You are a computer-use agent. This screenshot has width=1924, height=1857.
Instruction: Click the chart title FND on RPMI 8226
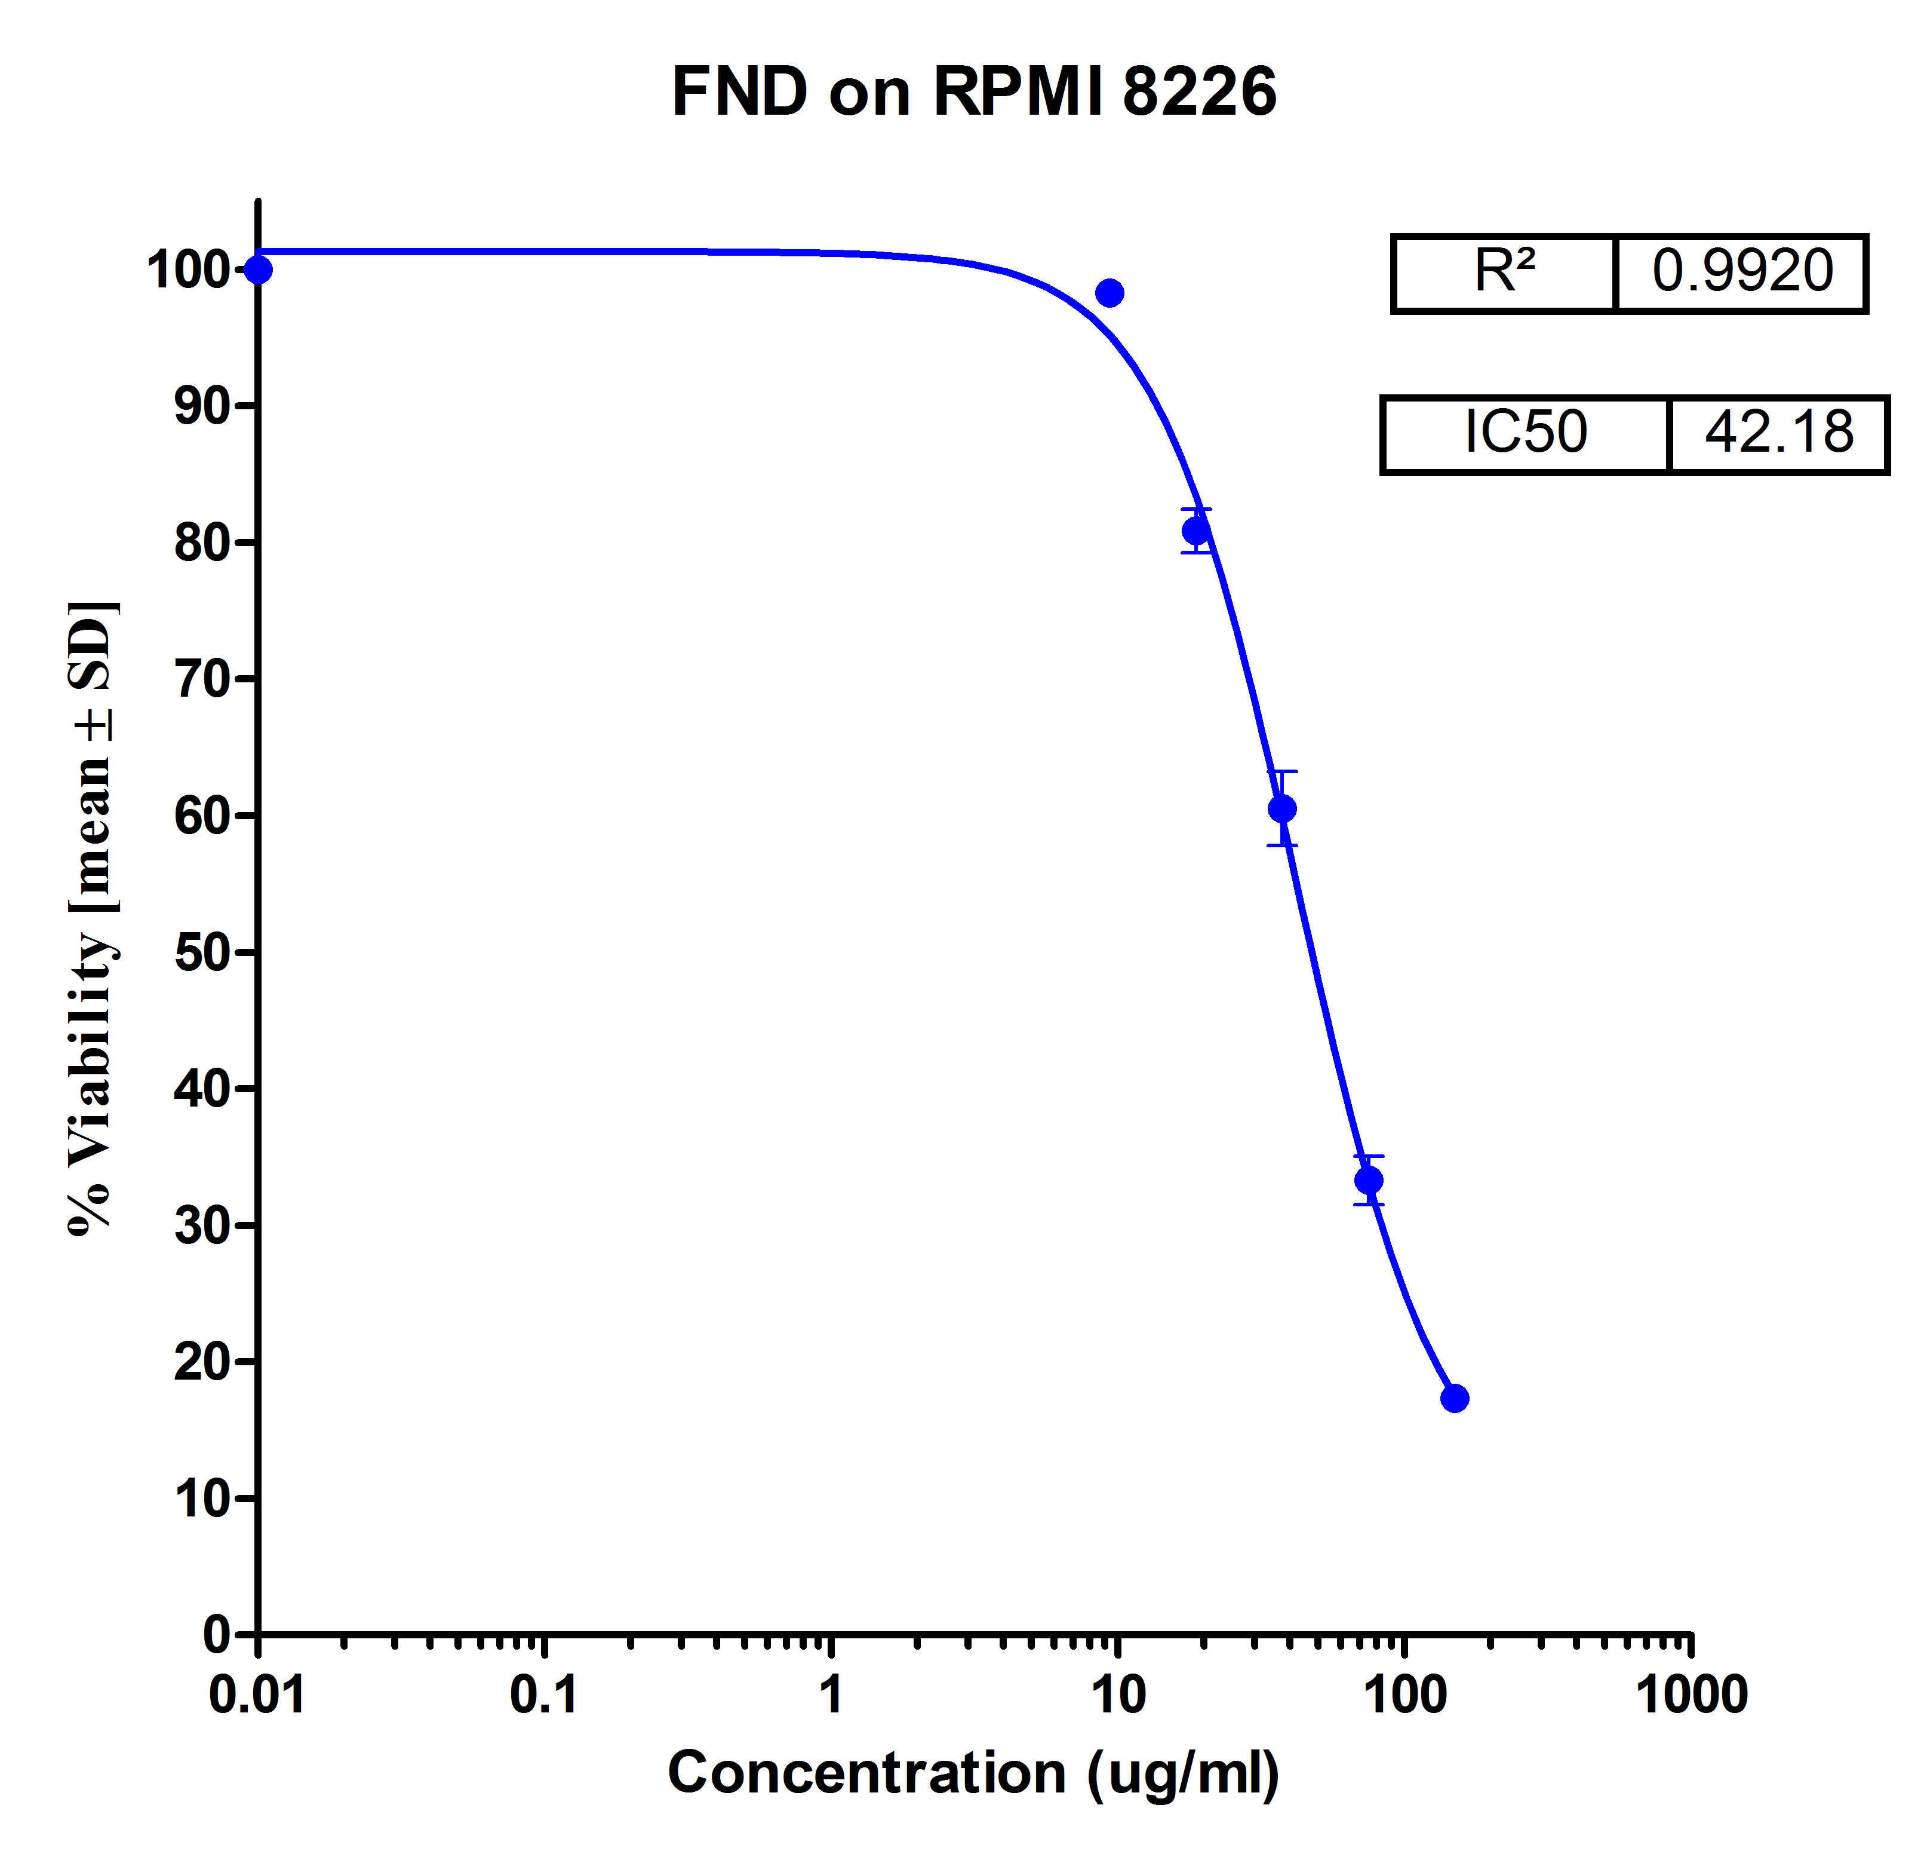click(x=974, y=91)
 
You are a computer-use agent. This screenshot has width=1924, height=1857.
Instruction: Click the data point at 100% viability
click(x=258, y=269)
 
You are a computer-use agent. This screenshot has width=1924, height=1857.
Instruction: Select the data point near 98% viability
click(x=1109, y=293)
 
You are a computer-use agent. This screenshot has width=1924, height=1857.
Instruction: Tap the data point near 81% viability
click(x=1195, y=531)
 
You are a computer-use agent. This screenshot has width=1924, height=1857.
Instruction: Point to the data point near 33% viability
click(x=1369, y=1179)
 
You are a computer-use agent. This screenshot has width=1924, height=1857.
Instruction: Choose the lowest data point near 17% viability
click(x=1455, y=1398)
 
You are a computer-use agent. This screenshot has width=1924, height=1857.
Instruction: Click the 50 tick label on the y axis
click(x=202, y=952)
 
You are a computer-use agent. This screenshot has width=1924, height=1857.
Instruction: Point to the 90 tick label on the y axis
click(x=202, y=406)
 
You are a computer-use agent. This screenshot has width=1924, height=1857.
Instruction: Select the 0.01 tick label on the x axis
click(x=257, y=1696)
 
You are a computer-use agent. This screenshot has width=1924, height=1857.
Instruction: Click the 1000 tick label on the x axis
click(x=1691, y=1696)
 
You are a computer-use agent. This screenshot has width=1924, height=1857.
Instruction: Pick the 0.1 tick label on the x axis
click(x=544, y=1696)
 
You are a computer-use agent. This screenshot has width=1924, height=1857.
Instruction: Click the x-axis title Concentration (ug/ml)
click(x=974, y=1773)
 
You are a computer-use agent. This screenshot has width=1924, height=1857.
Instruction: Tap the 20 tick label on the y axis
click(x=202, y=1362)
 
